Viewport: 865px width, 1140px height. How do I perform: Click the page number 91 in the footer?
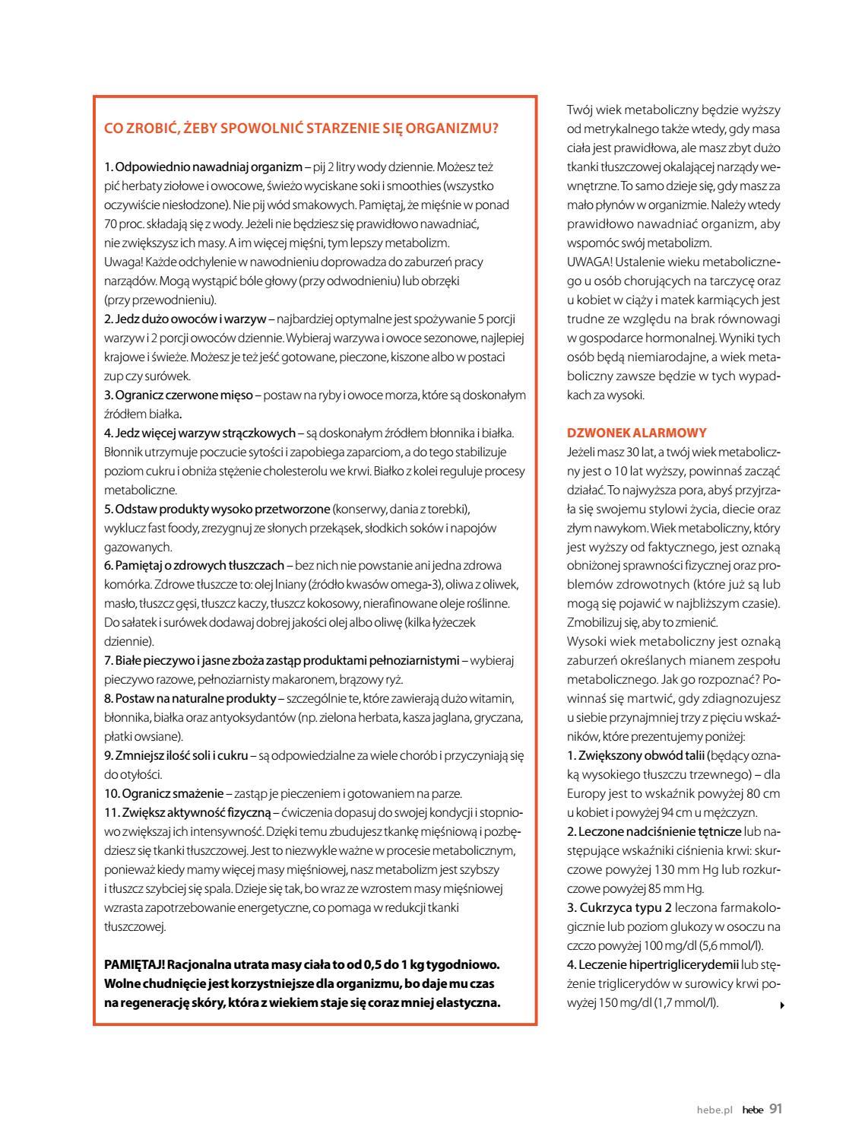pyautogui.click(x=775, y=1109)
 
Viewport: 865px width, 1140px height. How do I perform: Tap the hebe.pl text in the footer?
pyautogui.click(x=714, y=1110)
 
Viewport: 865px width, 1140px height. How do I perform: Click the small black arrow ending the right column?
pyautogui.click(x=782, y=1005)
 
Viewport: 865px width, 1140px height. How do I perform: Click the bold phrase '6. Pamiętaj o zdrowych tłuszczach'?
pyautogui.click(x=194, y=565)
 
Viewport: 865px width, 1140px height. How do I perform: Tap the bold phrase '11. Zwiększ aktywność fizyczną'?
pyautogui.click(x=187, y=812)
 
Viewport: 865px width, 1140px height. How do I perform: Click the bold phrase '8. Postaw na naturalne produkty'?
pyautogui.click(x=189, y=698)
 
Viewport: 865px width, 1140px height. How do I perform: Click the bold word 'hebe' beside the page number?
pyautogui.click(x=753, y=1110)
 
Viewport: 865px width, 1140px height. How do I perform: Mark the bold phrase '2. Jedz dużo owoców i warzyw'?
pyautogui.click(x=185, y=319)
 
